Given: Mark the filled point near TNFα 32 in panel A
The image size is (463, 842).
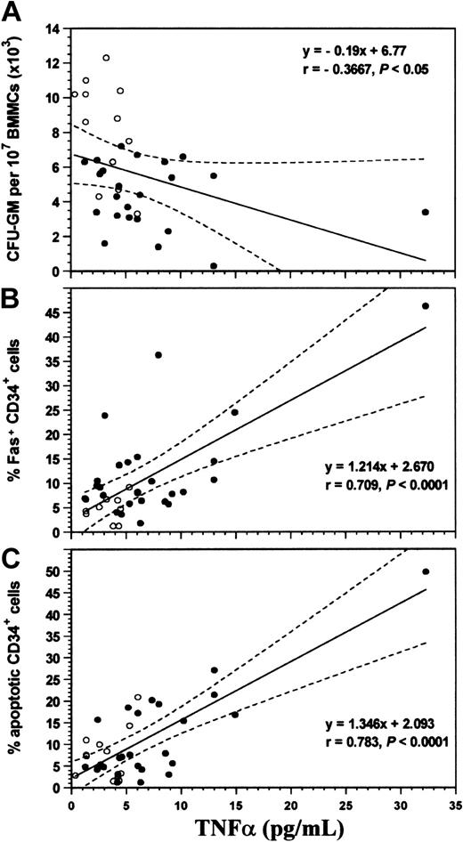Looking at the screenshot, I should pos(426,212).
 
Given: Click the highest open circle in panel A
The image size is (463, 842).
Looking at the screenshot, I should pos(106,58).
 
